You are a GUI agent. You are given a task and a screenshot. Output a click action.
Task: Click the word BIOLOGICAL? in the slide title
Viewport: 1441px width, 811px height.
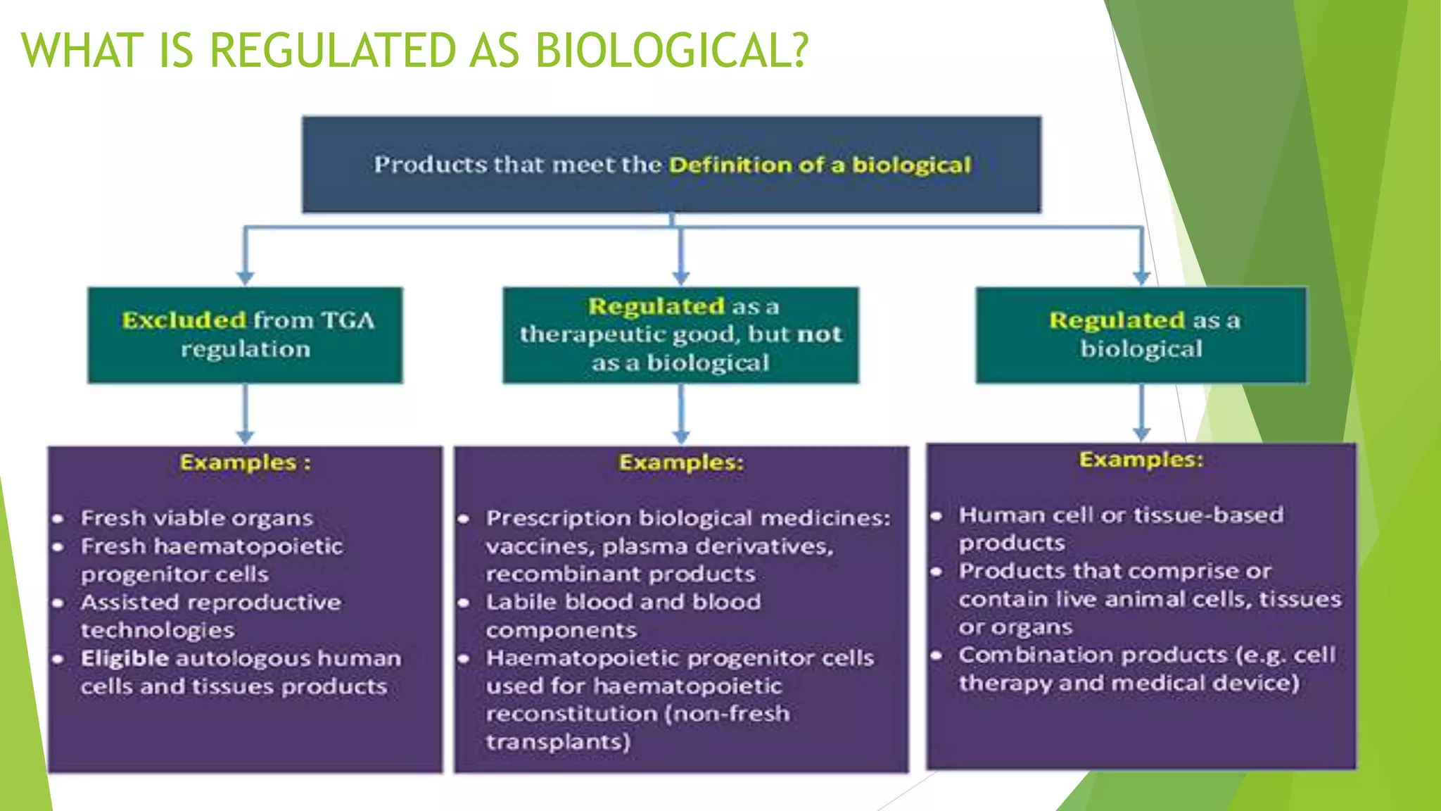(672, 51)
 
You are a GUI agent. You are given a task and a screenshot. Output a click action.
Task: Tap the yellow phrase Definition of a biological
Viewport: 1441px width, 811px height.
(820, 165)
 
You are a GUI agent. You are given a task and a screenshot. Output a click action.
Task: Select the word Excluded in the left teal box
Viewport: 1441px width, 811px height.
(184, 320)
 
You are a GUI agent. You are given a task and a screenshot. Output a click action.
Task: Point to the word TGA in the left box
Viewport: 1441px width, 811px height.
(348, 320)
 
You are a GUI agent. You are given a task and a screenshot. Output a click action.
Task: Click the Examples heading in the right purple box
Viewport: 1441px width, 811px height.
(1141, 460)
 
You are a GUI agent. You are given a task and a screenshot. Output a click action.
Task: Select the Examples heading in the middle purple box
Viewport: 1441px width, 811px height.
(680, 463)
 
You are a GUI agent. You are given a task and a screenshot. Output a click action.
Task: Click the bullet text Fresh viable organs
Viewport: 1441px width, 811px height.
(196, 518)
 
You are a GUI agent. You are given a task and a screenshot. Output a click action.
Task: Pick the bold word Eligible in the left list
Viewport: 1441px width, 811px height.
(125, 658)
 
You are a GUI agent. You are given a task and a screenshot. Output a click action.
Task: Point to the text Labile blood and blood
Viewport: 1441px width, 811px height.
(623, 602)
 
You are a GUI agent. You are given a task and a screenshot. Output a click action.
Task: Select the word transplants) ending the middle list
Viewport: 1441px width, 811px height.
(558, 741)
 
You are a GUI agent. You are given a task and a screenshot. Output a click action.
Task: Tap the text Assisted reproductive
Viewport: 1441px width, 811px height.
(210, 603)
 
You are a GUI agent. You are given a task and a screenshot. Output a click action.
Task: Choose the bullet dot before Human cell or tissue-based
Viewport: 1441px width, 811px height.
(937, 516)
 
